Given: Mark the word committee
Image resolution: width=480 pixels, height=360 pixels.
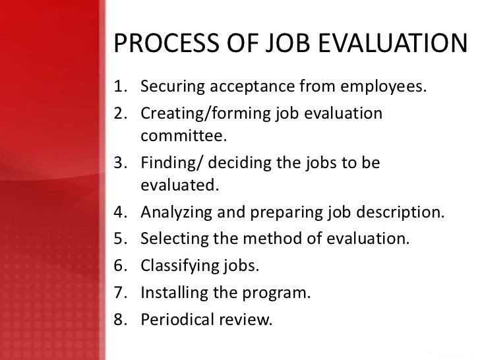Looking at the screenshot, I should coord(183,137).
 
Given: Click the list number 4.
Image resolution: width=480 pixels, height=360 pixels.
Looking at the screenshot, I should coord(119,213).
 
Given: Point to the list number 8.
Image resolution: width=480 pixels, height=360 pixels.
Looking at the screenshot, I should coord(119,320).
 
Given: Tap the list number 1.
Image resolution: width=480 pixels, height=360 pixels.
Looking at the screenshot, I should coord(119,86).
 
